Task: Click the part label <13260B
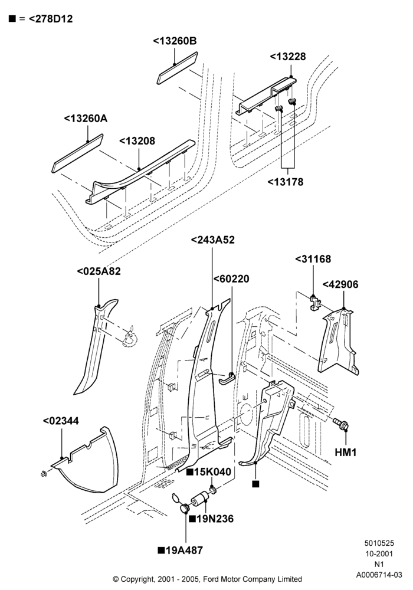(175, 41)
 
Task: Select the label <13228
(288, 57)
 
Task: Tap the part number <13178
(286, 182)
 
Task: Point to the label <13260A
(86, 119)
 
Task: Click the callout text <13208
(137, 141)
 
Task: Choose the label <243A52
(213, 240)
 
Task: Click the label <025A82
(99, 271)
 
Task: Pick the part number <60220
(231, 279)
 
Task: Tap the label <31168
(313, 259)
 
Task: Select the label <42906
(341, 284)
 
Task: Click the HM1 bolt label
(346, 452)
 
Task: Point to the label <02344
(61, 421)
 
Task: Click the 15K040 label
(209, 472)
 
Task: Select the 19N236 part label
(211, 519)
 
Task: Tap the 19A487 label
(181, 550)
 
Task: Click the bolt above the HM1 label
(341, 424)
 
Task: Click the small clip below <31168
(314, 303)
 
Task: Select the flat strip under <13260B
(177, 68)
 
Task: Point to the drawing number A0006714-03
(379, 575)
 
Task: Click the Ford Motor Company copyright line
(207, 579)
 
